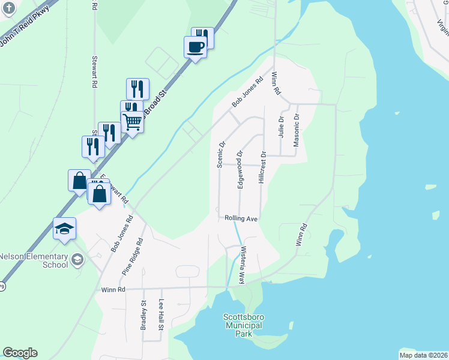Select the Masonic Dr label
pyautogui.click(x=296, y=130)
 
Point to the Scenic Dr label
pyautogui.click(x=220, y=154)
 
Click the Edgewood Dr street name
pyautogui.click(x=240, y=170)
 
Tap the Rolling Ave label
pyautogui.click(x=241, y=219)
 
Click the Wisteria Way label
pyautogui.click(x=243, y=265)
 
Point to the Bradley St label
pyautogui.click(x=143, y=316)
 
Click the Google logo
pyautogui.click(x=20, y=353)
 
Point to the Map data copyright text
pyautogui.click(x=423, y=355)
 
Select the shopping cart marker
pyautogui.click(x=133, y=122)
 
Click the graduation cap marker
pyautogui.click(x=65, y=229)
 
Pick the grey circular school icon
pyautogui.click(x=77, y=260)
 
